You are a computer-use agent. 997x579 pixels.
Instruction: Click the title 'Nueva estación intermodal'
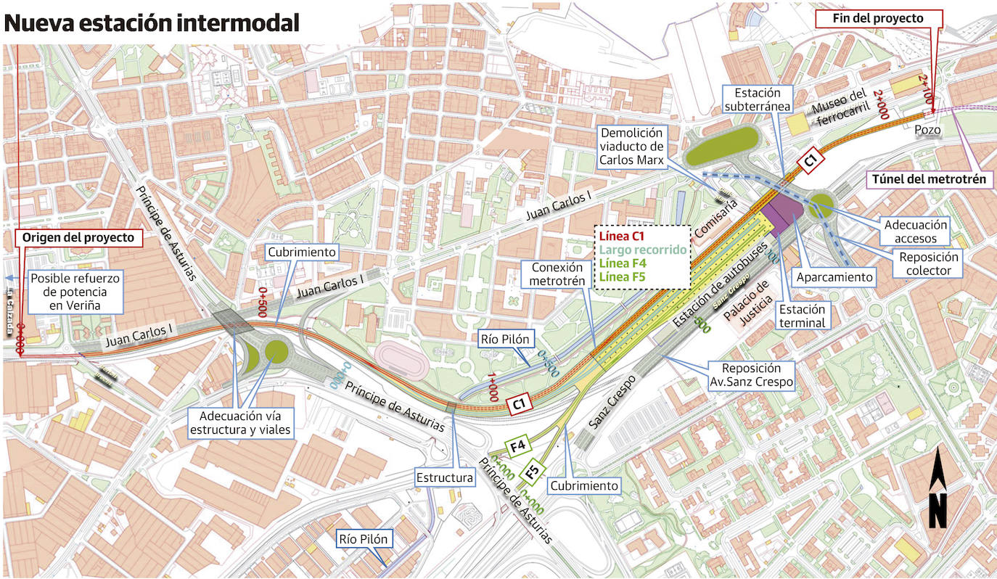click(152, 22)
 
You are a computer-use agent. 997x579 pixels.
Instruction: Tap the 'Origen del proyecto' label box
click(78, 237)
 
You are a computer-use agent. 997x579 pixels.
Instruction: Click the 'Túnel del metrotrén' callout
click(930, 178)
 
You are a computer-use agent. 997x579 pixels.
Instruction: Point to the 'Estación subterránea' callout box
click(757, 100)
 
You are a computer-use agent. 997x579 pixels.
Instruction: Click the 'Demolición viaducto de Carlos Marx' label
click(631, 147)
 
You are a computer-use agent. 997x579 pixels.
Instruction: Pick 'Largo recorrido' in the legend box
click(641, 250)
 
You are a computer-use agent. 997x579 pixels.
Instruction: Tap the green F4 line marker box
click(518, 447)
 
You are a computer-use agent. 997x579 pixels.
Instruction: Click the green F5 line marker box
click(532, 473)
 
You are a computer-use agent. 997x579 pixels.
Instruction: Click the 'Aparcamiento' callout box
click(834, 277)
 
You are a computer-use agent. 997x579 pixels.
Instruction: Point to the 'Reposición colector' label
click(928, 263)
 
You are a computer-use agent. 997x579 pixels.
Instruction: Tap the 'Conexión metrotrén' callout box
click(557, 274)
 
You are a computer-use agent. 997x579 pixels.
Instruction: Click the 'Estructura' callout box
click(444, 477)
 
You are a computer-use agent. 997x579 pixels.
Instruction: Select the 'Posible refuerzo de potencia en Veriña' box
click(75, 291)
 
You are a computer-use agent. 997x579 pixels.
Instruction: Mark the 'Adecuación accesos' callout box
click(915, 231)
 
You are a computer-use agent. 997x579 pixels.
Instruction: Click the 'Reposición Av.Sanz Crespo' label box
click(751, 375)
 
